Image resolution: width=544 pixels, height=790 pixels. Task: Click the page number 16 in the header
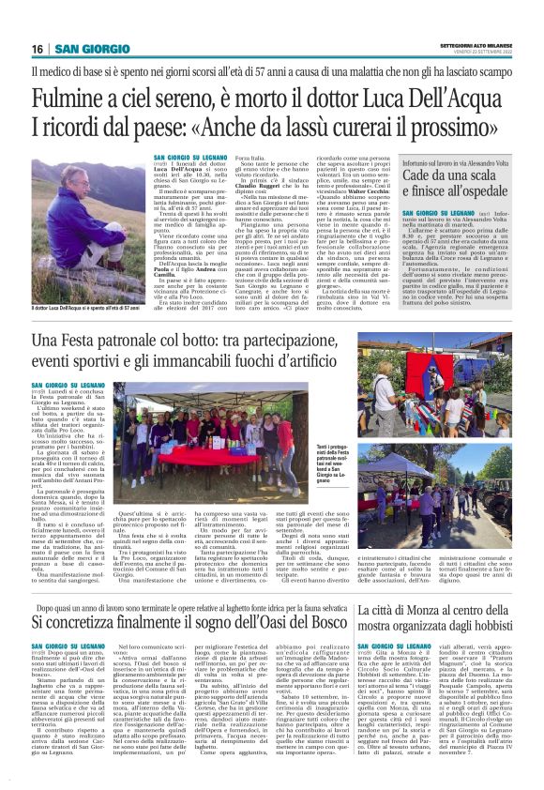click(37, 49)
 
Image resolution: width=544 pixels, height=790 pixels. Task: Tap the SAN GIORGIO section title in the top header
click(85, 49)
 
